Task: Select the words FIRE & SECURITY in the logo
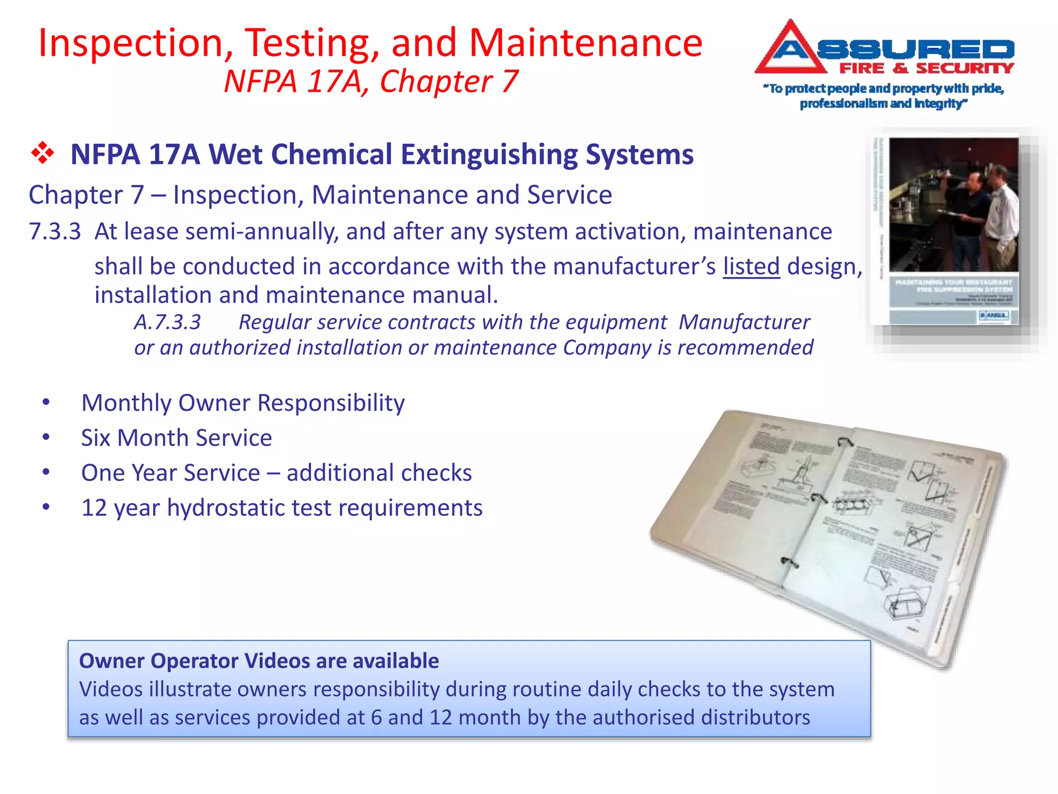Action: point(926,68)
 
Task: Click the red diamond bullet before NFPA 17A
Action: point(43,154)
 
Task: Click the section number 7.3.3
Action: point(55,232)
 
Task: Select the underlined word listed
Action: point(751,267)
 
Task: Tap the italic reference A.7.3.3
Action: point(167,322)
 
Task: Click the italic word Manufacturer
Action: point(744,322)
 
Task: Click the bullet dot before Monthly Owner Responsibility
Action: point(46,402)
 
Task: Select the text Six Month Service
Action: point(176,438)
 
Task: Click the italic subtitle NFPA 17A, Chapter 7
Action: point(370,82)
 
